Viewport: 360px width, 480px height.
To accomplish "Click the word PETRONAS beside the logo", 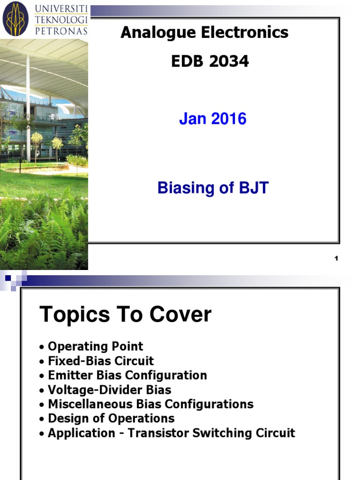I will coord(61,31).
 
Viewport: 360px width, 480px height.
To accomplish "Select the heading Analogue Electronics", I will coord(204,32).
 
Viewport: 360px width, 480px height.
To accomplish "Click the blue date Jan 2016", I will coord(212,119).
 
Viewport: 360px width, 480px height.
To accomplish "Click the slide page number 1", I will coord(336,258).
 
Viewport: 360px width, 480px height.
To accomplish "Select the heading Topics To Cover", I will coord(125,315).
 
